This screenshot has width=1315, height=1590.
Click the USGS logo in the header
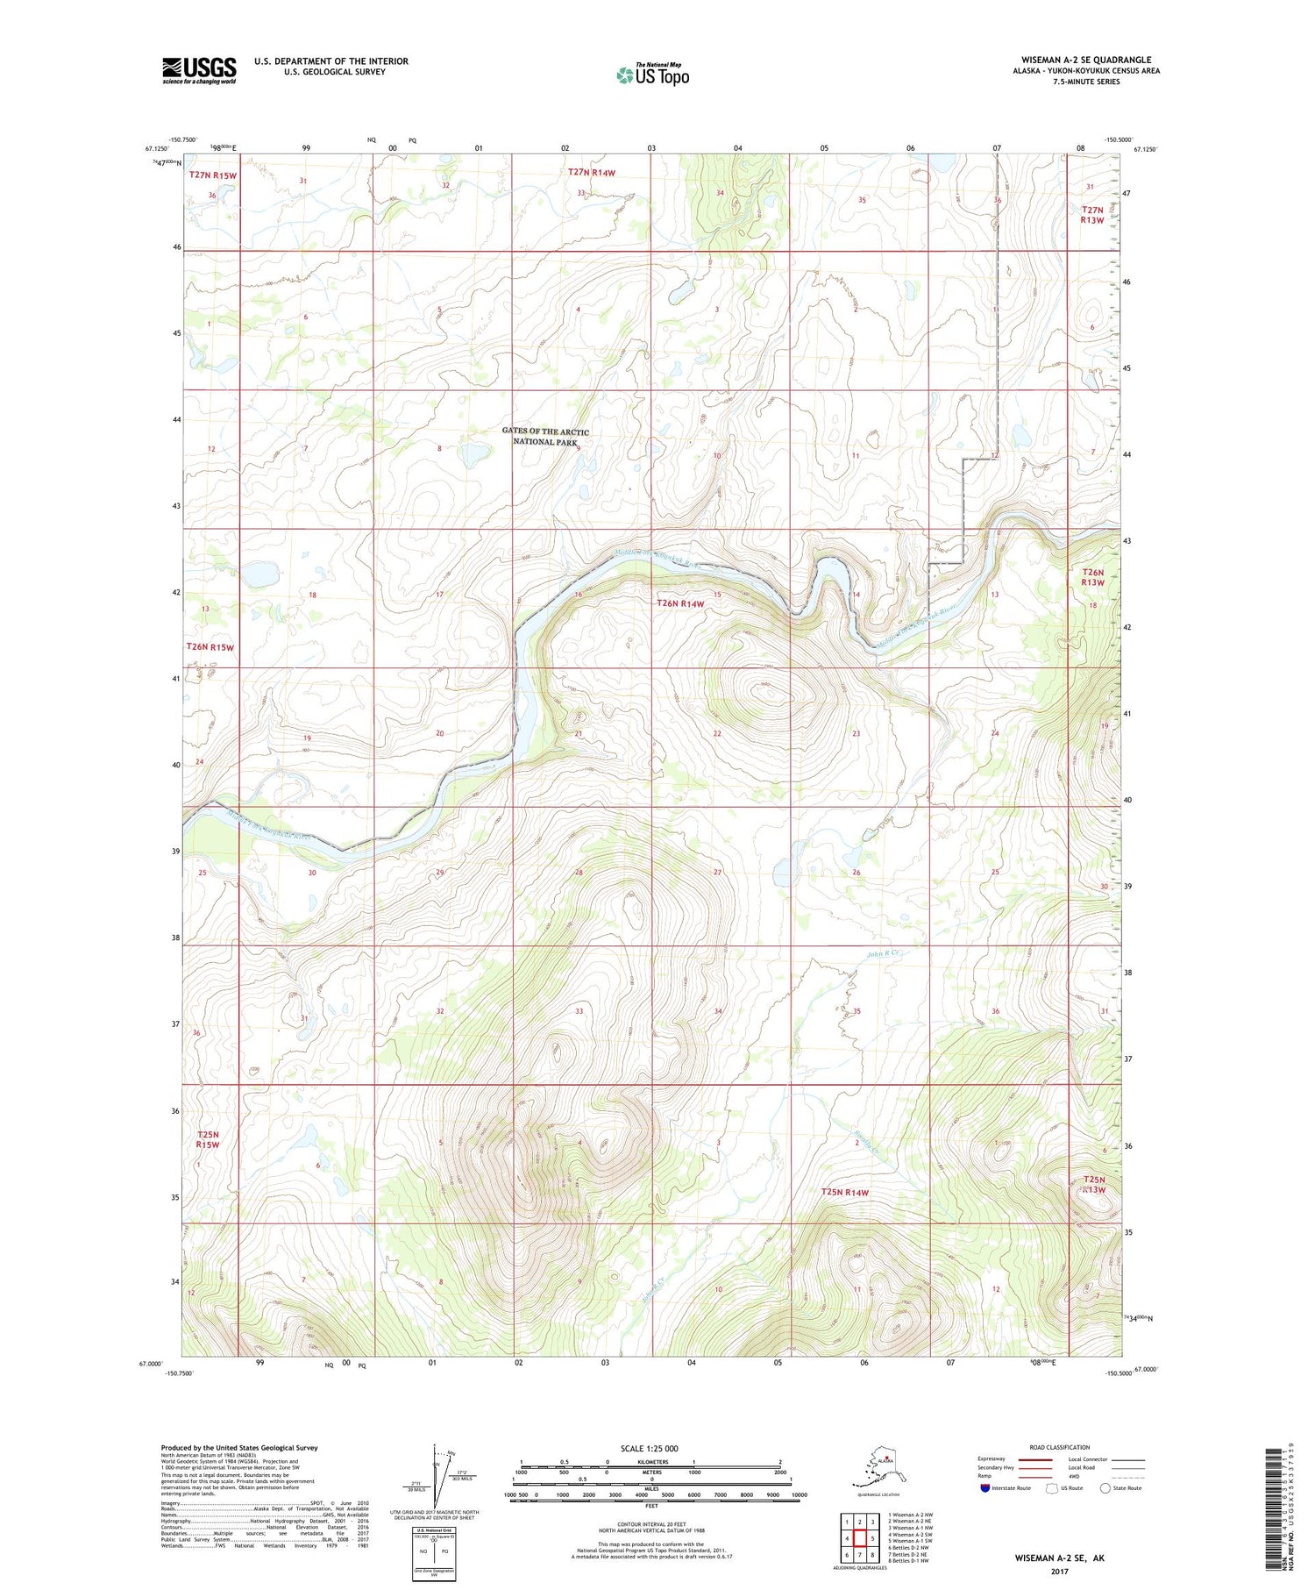199,70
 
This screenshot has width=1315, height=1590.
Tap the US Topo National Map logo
652,75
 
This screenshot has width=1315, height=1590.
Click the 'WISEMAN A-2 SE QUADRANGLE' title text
1085,60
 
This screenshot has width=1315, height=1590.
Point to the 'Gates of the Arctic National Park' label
545,437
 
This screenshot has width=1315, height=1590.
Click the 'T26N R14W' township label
681,603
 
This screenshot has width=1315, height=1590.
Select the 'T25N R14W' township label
845,1192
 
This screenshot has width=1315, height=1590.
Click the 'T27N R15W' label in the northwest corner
213,175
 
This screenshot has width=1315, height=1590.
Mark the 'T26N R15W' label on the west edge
210,647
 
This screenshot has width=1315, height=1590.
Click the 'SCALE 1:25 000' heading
650,1448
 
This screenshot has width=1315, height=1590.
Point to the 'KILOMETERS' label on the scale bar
651,1461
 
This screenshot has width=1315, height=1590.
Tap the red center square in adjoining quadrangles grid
860,1537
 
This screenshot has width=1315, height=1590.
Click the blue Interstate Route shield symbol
985,1487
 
